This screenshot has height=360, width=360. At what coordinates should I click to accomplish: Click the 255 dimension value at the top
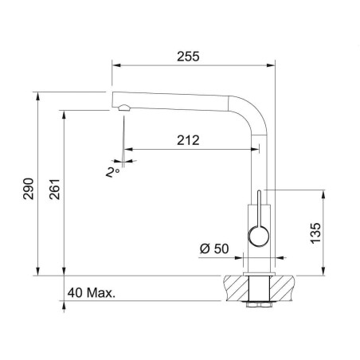pyautogui.click(x=188, y=57)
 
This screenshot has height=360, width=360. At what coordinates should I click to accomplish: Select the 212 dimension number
pyautogui.click(x=188, y=140)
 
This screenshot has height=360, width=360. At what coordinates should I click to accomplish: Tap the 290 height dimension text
pyautogui.click(x=29, y=189)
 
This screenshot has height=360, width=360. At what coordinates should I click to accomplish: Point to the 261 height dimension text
pyautogui.click(x=54, y=190)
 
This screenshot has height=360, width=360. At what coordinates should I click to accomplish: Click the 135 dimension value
pyautogui.click(x=315, y=233)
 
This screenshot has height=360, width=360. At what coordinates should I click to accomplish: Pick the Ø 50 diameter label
pyautogui.click(x=214, y=248)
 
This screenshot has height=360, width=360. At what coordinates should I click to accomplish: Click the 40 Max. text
pyautogui.click(x=92, y=293)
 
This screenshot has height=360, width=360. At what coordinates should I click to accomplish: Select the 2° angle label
pyautogui.click(x=112, y=172)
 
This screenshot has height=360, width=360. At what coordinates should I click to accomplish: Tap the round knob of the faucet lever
pyautogui.click(x=258, y=236)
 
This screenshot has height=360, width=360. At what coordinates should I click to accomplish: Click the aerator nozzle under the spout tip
pyautogui.click(x=124, y=108)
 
